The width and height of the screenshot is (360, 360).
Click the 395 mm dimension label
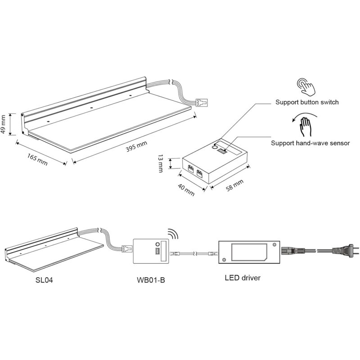[136, 147]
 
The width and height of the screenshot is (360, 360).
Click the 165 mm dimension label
[37, 159]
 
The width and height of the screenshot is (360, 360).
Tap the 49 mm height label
[3, 124]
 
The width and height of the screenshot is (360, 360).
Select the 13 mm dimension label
[160, 163]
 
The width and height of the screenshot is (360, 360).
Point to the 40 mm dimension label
[186, 189]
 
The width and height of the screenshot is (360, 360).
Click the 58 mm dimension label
[234, 185]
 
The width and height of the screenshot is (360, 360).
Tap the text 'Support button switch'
[307, 102]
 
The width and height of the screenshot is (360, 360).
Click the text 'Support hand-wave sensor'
[310, 143]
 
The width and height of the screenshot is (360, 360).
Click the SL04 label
[44, 280]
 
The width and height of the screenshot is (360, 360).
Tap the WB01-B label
[151, 280]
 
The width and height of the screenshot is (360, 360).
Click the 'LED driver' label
[243, 278]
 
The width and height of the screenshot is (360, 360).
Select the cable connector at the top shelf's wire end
[202, 102]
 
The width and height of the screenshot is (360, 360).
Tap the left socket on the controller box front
[191, 169]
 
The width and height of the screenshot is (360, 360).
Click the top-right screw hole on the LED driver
[274, 245]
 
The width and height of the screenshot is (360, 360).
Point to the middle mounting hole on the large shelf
[92, 108]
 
